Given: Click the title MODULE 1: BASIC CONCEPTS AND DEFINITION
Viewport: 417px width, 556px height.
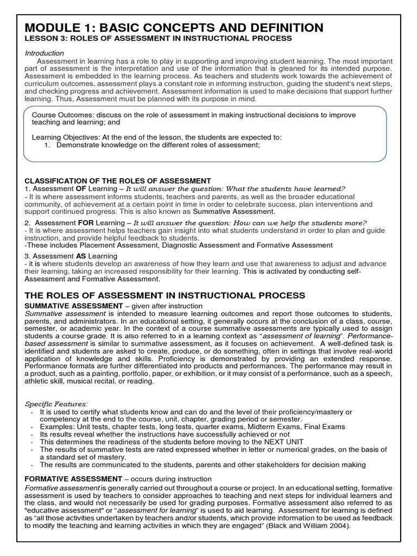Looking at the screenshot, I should pyautogui.click(x=174, y=27).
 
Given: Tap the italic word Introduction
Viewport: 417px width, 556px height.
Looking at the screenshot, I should pyautogui.click(x=45, y=53).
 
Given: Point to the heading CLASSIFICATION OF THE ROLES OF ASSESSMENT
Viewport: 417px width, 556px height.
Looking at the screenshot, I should pyautogui.click(x=118, y=181).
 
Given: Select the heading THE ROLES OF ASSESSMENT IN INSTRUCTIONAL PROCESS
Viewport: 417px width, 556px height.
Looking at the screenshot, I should pyautogui.click(x=165, y=295).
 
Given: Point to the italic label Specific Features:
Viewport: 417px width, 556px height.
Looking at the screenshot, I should pyautogui.click(x=56, y=404).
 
